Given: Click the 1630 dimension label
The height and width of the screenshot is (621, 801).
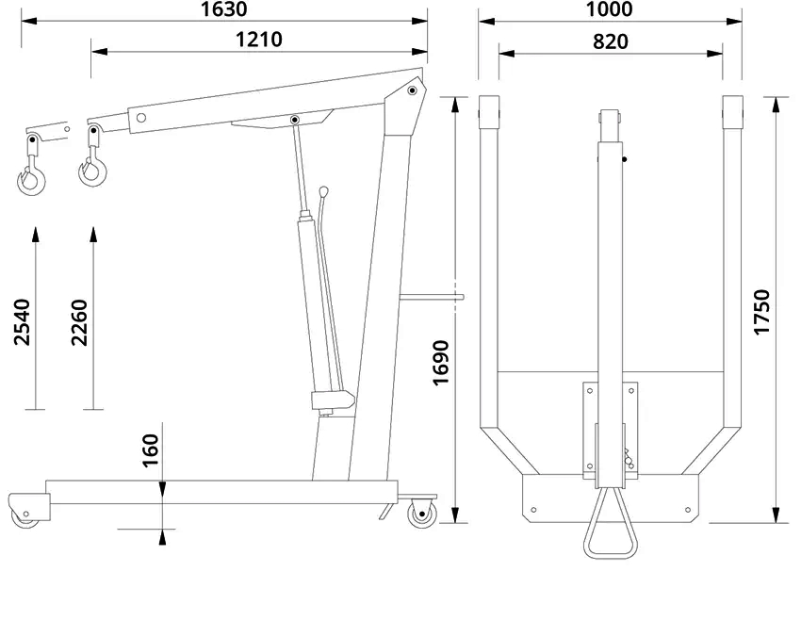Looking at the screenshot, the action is [x=223, y=9].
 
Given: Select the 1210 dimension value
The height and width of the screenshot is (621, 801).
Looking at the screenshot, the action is [x=258, y=40].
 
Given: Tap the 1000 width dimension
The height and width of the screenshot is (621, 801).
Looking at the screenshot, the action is [x=609, y=9].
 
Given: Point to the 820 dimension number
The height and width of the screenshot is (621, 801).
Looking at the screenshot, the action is [x=611, y=41].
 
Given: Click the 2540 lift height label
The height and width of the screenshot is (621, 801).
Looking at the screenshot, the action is [x=22, y=322].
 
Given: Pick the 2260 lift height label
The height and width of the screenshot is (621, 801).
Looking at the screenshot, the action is [x=80, y=322].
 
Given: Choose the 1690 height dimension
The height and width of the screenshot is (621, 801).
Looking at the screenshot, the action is [x=440, y=363].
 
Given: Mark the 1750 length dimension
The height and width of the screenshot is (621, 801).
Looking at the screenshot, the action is [x=761, y=312].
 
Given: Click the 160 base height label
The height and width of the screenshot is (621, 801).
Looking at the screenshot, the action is [x=150, y=450].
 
